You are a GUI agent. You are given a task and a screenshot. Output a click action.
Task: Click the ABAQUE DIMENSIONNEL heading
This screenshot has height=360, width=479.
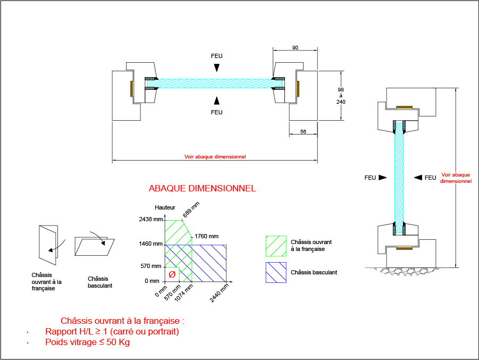[202, 188]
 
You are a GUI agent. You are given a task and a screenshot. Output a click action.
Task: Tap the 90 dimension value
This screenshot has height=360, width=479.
[295, 48]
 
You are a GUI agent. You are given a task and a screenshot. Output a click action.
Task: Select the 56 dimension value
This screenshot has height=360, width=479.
[303, 132]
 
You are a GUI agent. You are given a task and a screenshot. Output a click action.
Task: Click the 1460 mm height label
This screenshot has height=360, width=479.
[150, 244]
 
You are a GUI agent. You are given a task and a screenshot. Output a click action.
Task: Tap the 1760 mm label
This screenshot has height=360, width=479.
[207, 236]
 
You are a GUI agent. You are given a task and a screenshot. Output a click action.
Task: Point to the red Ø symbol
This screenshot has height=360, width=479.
[172, 274]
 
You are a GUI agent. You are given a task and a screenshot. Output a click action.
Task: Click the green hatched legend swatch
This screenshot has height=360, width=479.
[275, 246]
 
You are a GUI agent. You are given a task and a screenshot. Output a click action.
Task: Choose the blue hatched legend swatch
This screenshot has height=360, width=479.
[275, 272]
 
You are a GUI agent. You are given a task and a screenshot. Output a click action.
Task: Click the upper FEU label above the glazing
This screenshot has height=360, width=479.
[216, 56]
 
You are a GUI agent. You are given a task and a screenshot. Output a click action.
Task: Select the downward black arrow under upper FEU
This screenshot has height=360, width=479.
[216, 67]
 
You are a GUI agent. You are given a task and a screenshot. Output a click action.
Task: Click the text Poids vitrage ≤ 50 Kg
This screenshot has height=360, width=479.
[88, 342]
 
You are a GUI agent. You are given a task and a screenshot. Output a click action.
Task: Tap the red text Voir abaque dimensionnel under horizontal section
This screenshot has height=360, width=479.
[215, 157]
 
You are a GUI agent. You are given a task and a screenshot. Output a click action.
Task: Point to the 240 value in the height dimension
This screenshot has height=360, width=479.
[341, 102]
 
